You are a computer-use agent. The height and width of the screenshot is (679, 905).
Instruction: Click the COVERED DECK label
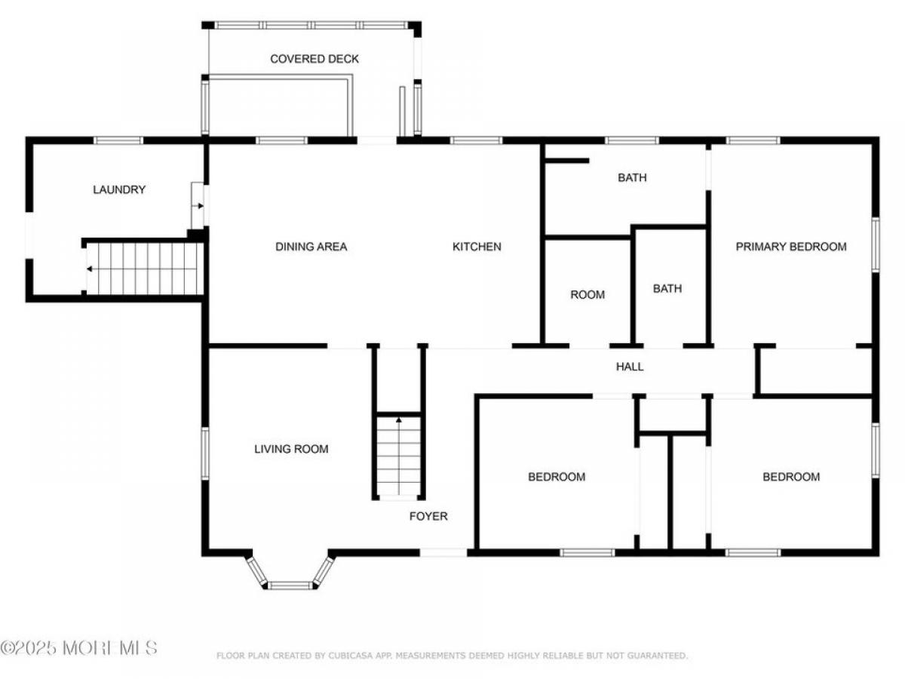coord(314,59)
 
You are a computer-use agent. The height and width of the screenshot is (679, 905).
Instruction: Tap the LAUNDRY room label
coord(119,189)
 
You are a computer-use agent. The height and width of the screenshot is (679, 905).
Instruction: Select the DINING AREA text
coord(311,247)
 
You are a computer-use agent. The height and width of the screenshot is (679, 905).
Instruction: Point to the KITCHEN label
coord(477,247)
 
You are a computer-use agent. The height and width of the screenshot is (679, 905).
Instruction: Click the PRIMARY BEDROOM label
coord(791,247)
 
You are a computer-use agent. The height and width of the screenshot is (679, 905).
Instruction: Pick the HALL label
coord(630,367)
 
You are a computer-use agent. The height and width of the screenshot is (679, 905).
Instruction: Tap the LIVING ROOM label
coord(291,449)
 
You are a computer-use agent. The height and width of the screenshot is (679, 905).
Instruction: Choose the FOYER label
coord(428,516)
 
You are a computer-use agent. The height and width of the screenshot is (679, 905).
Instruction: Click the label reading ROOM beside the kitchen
coord(587,294)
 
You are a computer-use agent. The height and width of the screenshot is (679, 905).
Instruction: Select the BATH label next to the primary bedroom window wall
coord(632,178)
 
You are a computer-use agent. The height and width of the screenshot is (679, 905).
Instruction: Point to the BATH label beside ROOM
coord(667,288)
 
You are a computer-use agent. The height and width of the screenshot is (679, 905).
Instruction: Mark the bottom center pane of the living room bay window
coord(290,585)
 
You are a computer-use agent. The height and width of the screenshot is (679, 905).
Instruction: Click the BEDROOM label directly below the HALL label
coord(557,477)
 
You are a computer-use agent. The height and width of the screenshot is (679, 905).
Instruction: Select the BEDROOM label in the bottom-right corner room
coord(791,477)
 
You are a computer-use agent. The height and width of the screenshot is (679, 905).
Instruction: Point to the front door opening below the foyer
coord(443,552)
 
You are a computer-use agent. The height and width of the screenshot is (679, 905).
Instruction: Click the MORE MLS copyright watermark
coord(78,647)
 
